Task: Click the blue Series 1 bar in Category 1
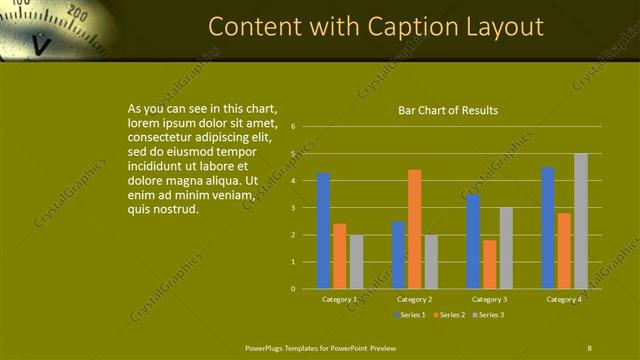tap(323, 231)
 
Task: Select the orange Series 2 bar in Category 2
tap(414, 229)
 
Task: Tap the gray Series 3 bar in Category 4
tap(581, 221)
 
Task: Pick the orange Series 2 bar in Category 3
tap(489, 264)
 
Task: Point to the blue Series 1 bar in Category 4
tap(548, 228)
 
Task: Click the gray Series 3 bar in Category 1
tap(356, 261)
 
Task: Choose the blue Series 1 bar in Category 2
tap(398, 255)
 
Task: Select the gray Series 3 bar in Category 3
tap(506, 248)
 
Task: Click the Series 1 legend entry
tap(409, 315)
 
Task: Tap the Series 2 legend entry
tap(449, 315)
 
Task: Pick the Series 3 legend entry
tap(488, 315)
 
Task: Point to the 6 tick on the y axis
tap(293, 127)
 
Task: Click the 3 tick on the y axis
tap(293, 208)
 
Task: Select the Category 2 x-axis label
tap(414, 299)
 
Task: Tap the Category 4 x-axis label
tap(564, 299)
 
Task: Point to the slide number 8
tap(589, 347)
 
